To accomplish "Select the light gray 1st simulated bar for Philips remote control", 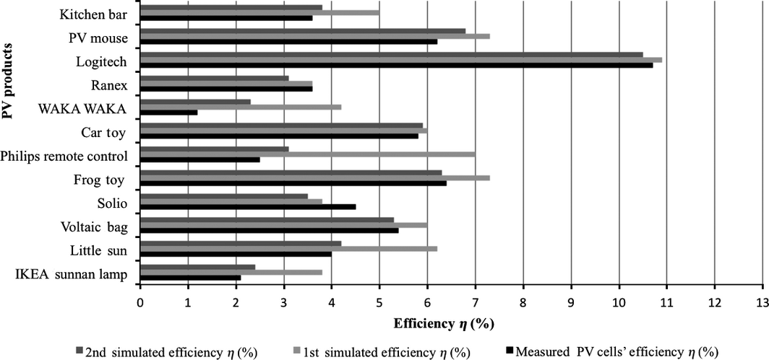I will click(307, 154).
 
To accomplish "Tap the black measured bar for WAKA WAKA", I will click(168, 113).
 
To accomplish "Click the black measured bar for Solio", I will click(247, 206).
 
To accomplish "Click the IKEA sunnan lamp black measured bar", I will click(189, 277).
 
